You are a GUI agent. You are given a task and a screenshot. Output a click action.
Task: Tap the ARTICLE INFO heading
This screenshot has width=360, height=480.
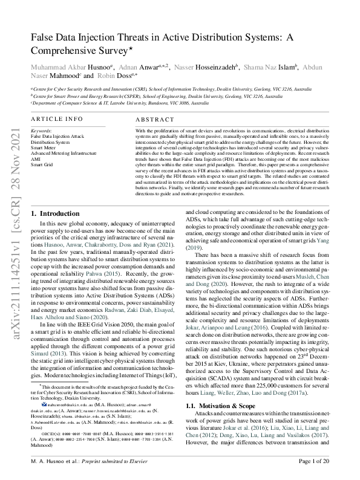57,120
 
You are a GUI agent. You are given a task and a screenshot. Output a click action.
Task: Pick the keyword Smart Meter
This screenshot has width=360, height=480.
44,148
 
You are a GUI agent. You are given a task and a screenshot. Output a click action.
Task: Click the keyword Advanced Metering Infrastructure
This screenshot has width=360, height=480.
64,153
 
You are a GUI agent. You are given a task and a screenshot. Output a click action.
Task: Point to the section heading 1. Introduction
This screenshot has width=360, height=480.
54,196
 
